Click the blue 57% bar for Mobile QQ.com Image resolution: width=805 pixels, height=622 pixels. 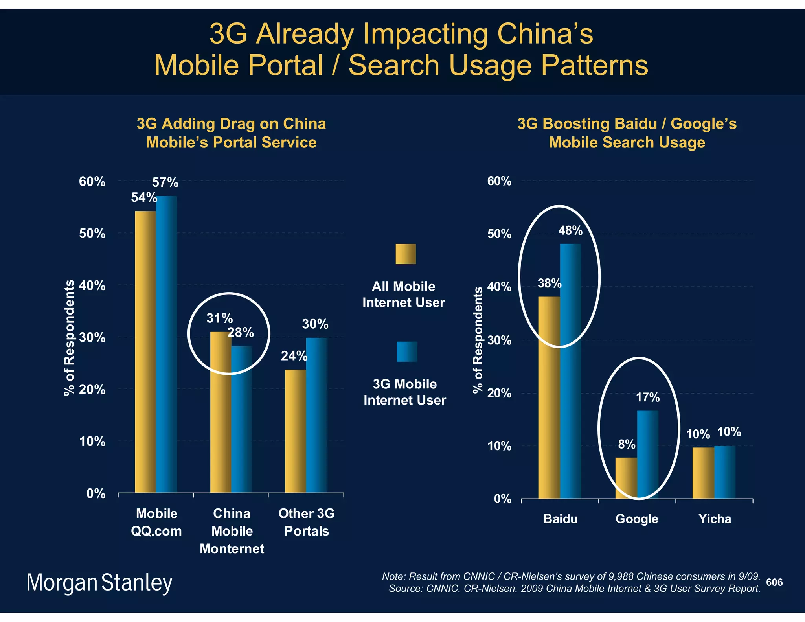167,344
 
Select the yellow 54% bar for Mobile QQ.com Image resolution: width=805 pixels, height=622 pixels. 145,352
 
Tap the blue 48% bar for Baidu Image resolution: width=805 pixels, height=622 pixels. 570,371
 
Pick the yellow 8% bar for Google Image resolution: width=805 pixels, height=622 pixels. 626,478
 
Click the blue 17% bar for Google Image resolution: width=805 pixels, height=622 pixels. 648,455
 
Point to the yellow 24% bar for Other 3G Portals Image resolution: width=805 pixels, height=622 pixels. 295,431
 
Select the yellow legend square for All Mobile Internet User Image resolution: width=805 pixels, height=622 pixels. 405,254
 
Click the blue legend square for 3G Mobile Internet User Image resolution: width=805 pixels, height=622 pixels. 407,351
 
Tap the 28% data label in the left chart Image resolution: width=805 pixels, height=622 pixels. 241,333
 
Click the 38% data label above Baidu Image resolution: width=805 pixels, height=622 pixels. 550,283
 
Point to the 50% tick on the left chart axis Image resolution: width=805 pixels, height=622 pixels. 92,234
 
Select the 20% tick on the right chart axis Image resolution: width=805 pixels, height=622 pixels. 499,393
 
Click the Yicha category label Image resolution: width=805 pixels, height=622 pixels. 715,519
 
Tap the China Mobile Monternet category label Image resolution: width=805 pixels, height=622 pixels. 232,531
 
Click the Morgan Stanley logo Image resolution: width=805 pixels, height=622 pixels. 99,583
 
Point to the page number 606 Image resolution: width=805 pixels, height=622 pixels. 774,582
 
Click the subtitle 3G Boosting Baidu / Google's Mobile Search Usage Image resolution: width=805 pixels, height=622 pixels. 627,133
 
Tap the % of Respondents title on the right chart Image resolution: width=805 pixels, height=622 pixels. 478,340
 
